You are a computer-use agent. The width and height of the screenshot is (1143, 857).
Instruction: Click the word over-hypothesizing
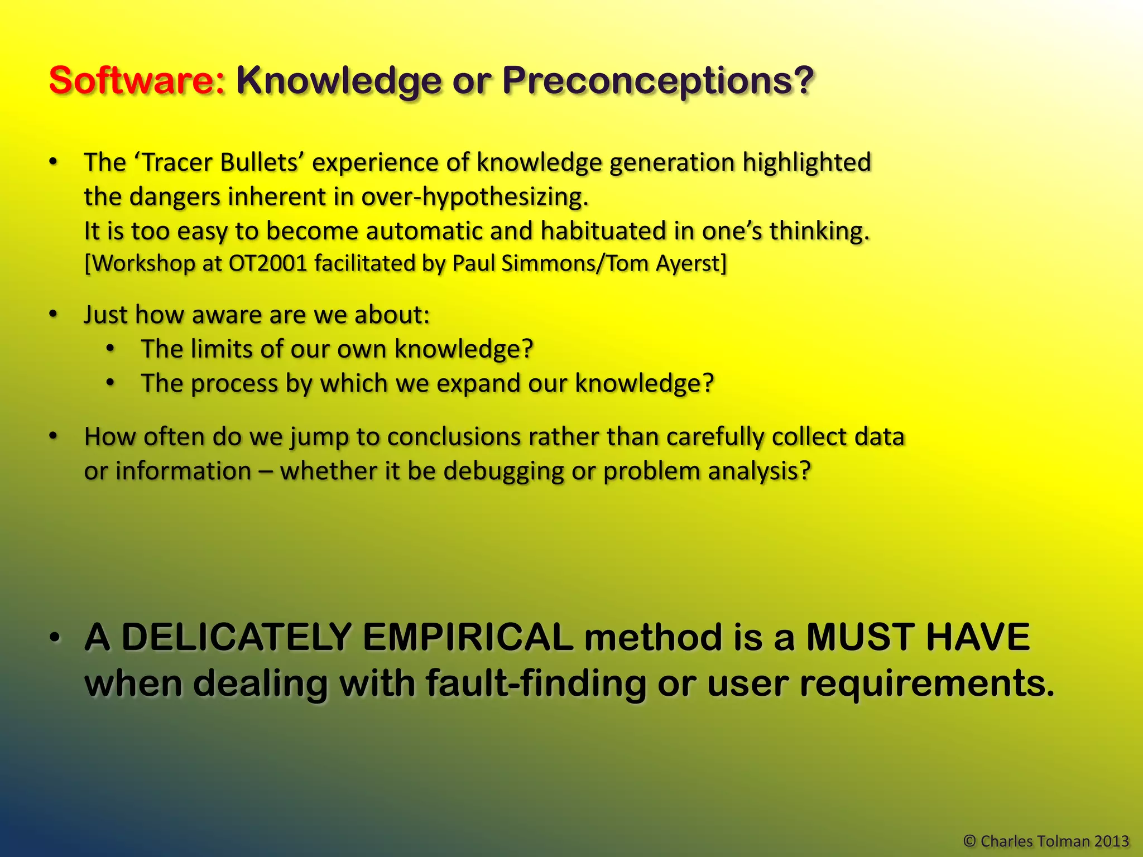[x=474, y=197]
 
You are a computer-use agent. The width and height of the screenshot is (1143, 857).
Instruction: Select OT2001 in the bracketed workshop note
[x=268, y=263]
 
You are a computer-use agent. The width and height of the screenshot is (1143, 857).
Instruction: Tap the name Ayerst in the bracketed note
[x=691, y=263]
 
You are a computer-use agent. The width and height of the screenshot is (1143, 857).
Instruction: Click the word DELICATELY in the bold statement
[x=237, y=637]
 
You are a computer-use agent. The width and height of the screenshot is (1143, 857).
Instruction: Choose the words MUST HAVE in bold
[x=918, y=637]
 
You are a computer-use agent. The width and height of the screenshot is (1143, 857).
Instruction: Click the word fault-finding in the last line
[x=535, y=684]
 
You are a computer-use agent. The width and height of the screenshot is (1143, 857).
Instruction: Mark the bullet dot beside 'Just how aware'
[x=53, y=315]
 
